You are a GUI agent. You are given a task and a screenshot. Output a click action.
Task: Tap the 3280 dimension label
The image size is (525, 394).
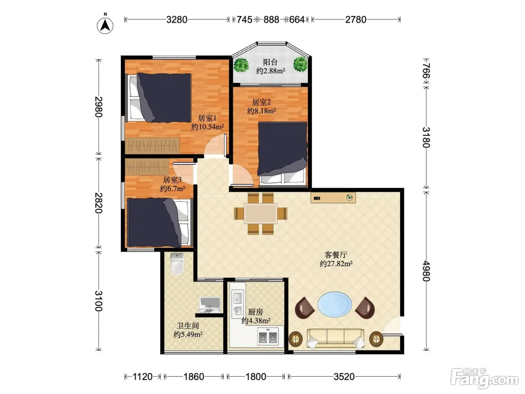click(x=177, y=20)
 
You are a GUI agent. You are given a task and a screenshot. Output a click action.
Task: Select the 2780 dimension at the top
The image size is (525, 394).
click(x=355, y=20)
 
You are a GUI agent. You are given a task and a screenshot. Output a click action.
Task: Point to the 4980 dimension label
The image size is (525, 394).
click(x=426, y=271)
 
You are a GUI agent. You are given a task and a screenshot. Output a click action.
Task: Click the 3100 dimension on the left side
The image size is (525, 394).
click(x=99, y=301)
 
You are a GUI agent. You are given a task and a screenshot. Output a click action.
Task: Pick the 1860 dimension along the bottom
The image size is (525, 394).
click(x=194, y=377)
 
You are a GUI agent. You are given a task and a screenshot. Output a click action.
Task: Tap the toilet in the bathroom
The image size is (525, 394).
click(x=177, y=263)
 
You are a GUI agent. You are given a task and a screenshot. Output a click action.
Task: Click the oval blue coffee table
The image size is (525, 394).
click(x=334, y=304)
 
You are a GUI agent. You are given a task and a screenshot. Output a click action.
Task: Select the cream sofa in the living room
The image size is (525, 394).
click(x=336, y=338)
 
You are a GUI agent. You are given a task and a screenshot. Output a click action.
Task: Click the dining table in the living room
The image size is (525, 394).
click(x=261, y=213)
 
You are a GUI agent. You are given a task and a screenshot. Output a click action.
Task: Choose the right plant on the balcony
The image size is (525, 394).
click(x=300, y=64)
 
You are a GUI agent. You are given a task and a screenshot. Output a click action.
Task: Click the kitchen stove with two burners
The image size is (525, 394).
click(x=268, y=336)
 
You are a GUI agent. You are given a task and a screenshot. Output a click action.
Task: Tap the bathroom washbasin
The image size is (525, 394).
click(x=210, y=305)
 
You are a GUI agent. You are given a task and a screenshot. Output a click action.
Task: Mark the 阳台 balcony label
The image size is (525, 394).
click(x=270, y=62)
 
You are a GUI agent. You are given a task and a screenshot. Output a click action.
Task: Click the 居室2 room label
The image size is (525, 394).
click(x=261, y=102)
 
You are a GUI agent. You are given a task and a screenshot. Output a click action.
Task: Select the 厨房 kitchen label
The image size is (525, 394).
click(x=255, y=312)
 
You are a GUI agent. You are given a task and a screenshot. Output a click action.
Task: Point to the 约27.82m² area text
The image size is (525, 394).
click(x=336, y=264)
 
